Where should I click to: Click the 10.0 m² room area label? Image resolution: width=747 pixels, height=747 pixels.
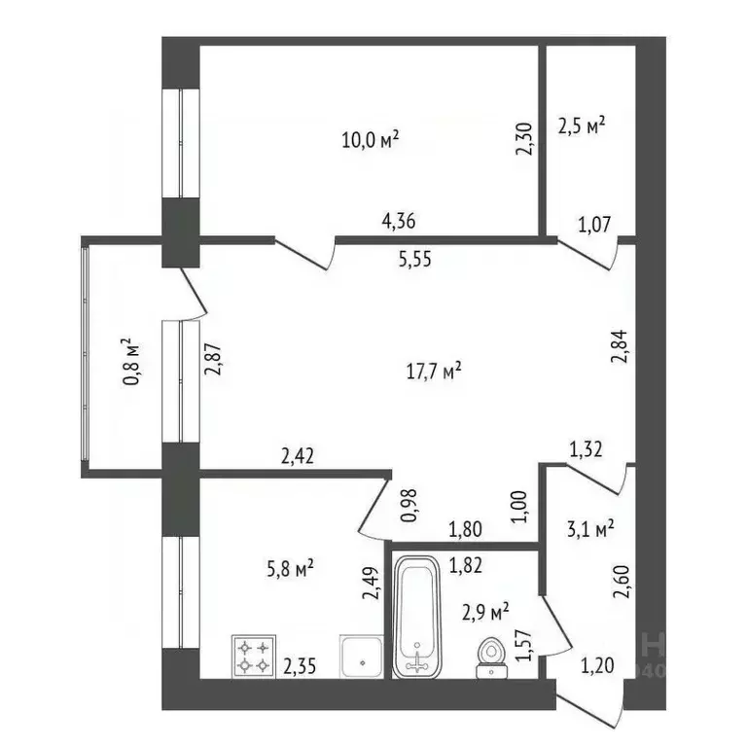[370, 139]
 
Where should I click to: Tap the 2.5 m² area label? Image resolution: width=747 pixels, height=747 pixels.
[582, 125]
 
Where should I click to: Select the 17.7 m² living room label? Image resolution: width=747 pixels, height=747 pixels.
[433, 370]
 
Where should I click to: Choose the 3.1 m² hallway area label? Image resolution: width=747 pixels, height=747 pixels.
[590, 529]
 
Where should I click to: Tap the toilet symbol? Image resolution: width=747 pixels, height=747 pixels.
[492, 657]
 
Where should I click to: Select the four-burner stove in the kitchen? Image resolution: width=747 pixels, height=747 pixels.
[254, 656]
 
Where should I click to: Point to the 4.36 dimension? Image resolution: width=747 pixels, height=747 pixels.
[399, 221]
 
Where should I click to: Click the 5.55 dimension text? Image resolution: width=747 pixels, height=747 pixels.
[414, 259]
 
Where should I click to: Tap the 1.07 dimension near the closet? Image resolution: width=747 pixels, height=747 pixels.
[594, 226]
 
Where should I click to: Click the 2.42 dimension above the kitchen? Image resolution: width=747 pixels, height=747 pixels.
[297, 454]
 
